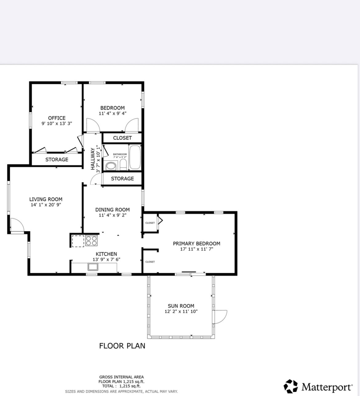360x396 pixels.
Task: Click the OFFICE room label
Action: pyautogui.click(x=57, y=118)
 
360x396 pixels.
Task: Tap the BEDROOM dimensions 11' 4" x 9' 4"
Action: pyautogui.click(x=112, y=113)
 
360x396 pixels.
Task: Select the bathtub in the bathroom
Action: pyautogui.click(x=135, y=158)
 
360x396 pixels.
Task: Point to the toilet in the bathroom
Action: pyautogui.click(x=123, y=164)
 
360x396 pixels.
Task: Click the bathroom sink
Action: pyautogui.click(x=111, y=166)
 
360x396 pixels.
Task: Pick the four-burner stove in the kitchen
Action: pyautogui.click(x=91, y=240)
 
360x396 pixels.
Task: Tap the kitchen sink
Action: pyautogui.click(x=93, y=267)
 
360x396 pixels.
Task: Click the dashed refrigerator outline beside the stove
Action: pyautogui.click(x=78, y=241)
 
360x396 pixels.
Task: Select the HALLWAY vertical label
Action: pyautogui.click(x=93, y=159)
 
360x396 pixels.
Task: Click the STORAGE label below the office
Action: pyautogui.click(x=57, y=160)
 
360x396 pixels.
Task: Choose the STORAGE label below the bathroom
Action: pyautogui.click(x=122, y=179)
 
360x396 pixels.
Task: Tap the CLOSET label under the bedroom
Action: pyautogui.click(x=122, y=138)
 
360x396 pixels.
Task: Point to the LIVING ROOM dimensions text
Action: pyautogui.click(x=46, y=205)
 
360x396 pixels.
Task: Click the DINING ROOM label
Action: pyautogui.click(x=112, y=210)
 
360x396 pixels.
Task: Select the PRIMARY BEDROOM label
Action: pyautogui.click(x=196, y=244)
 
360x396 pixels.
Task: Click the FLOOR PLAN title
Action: pyautogui.click(x=122, y=346)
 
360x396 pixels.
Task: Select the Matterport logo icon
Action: pyautogui.click(x=290, y=386)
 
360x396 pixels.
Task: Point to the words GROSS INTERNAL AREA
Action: pyautogui.click(x=121, y=377)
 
